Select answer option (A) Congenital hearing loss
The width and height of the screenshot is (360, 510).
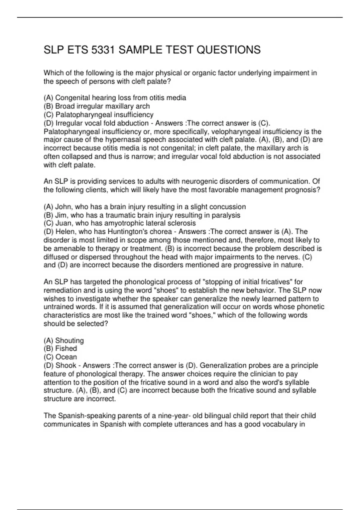pos(115,98)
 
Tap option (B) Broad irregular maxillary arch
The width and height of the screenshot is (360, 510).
pos(97,106)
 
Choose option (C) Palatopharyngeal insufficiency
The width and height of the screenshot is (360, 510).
pos(98,115)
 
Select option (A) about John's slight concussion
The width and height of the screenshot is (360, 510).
pos(145,207)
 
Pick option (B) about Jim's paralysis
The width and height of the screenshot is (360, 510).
pos(142,215)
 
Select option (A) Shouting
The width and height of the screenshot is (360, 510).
pos(64,340)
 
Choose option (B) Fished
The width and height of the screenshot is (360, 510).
pos(60,349)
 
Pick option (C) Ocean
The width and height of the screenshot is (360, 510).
pos(60,357)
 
